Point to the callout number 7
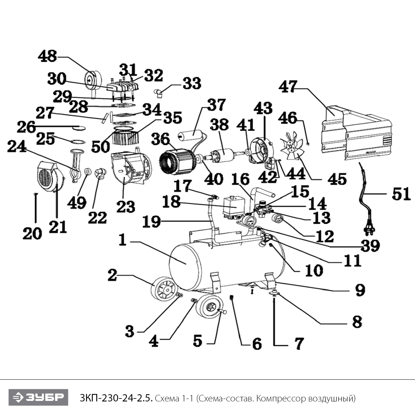point(299,344)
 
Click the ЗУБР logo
point(38,397)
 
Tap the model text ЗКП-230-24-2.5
point(116,398)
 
